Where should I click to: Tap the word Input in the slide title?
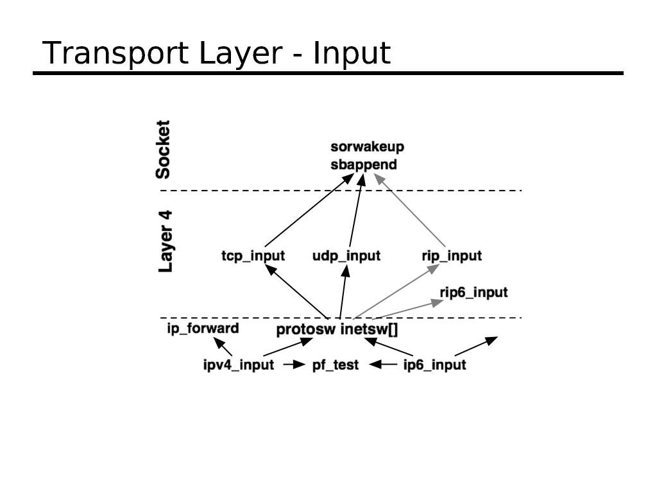tap(352, 54)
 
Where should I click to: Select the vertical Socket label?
tap(164, 149)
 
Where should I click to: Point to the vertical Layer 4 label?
tap(166, 241)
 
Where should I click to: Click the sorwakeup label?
tap(368, 147)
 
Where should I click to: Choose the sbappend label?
tap(364, 165)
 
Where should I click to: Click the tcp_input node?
tap(253, 256)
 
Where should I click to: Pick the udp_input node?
tap(346, 256)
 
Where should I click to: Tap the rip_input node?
tap(452, 256)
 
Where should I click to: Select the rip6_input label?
tap(474, 293)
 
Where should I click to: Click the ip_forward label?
tap(203, 329)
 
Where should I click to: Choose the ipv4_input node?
tap(239, 365)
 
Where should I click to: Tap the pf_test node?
tap(336, 365)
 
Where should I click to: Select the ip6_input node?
tap(434, 365)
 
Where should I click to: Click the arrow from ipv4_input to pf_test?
tap(293, 365)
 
